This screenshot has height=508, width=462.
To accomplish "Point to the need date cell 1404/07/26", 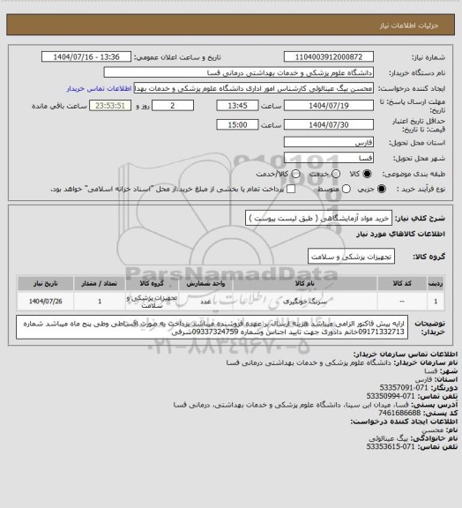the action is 37,302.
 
